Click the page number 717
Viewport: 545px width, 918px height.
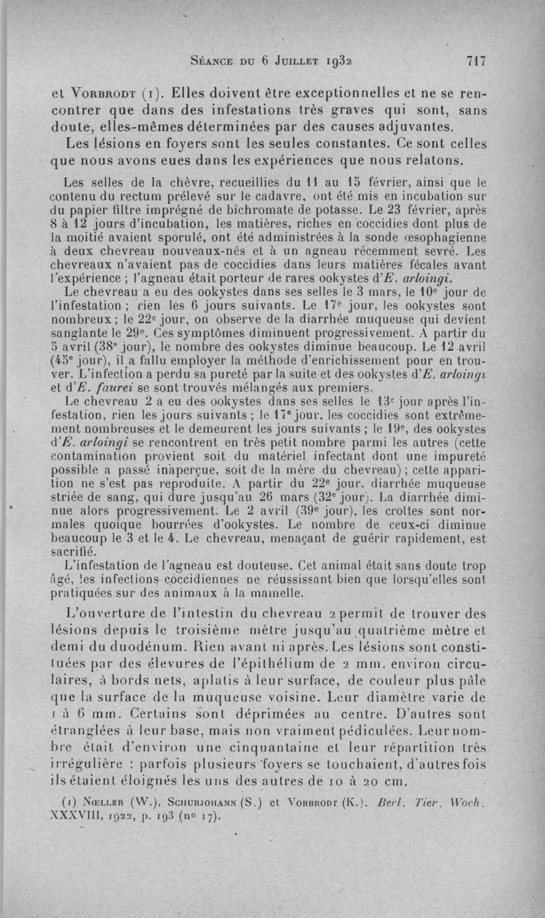(x=474, y=61)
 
